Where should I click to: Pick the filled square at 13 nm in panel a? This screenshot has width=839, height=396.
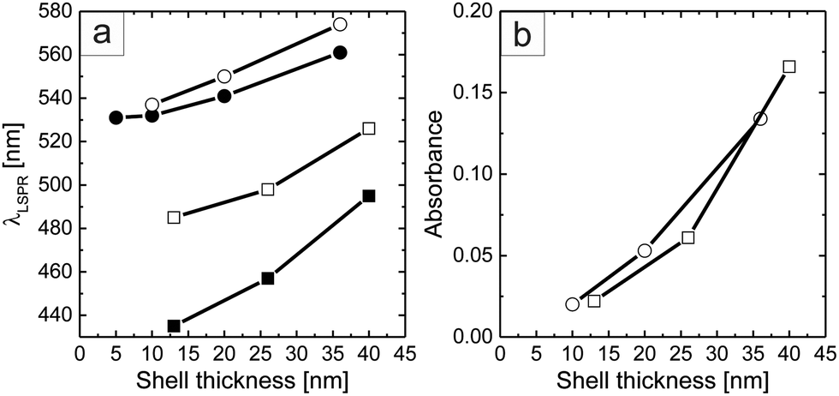tap(174, 326)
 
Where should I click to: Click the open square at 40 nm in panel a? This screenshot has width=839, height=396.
tap(369, 129)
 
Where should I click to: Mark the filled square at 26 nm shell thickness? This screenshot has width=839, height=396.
tap(268, 278)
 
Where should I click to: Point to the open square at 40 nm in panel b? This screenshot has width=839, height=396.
tap(789, 67)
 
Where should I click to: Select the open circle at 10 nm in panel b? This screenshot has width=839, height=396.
tap(573, 304)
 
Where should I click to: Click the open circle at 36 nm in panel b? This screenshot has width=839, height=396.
tap(760, 118)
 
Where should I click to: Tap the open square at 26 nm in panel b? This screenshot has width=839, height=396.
tap(687, 237)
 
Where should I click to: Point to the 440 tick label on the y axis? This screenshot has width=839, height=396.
tap(55, 315)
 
